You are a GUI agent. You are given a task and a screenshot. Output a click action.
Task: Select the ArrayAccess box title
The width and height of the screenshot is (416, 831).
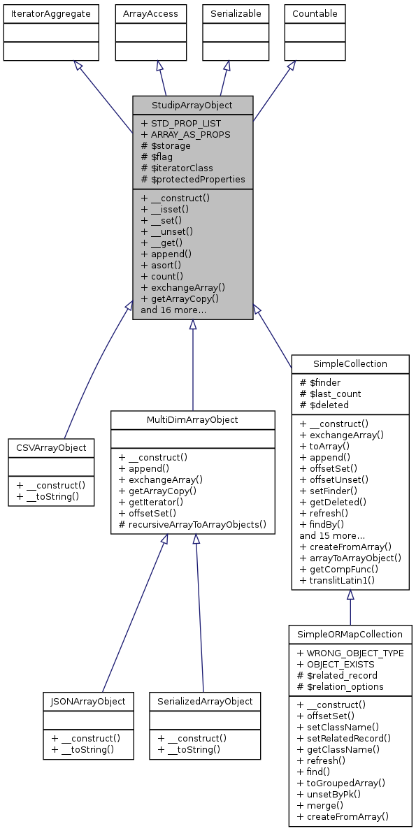point(150,13)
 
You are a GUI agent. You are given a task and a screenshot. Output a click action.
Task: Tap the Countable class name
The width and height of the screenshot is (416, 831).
point(314,13)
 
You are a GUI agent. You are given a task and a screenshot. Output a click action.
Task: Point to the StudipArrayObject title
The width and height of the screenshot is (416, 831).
point(192,106)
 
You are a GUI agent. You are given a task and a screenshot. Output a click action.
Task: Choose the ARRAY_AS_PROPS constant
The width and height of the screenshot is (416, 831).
point(185,134)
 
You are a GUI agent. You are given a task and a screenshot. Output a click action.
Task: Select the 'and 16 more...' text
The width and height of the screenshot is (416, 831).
point(173,310)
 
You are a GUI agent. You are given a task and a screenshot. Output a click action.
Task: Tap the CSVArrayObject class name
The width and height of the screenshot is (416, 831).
point(51,447)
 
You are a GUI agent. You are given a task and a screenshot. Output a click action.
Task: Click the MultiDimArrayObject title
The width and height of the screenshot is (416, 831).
point(192,419)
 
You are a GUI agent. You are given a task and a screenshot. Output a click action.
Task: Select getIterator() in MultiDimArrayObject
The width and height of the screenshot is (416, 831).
point(151,501)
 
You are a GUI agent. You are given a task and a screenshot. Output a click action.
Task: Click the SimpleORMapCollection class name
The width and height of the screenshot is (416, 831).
point(350,634)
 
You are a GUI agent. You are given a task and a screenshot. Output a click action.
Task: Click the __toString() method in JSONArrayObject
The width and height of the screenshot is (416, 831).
point(82,749)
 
